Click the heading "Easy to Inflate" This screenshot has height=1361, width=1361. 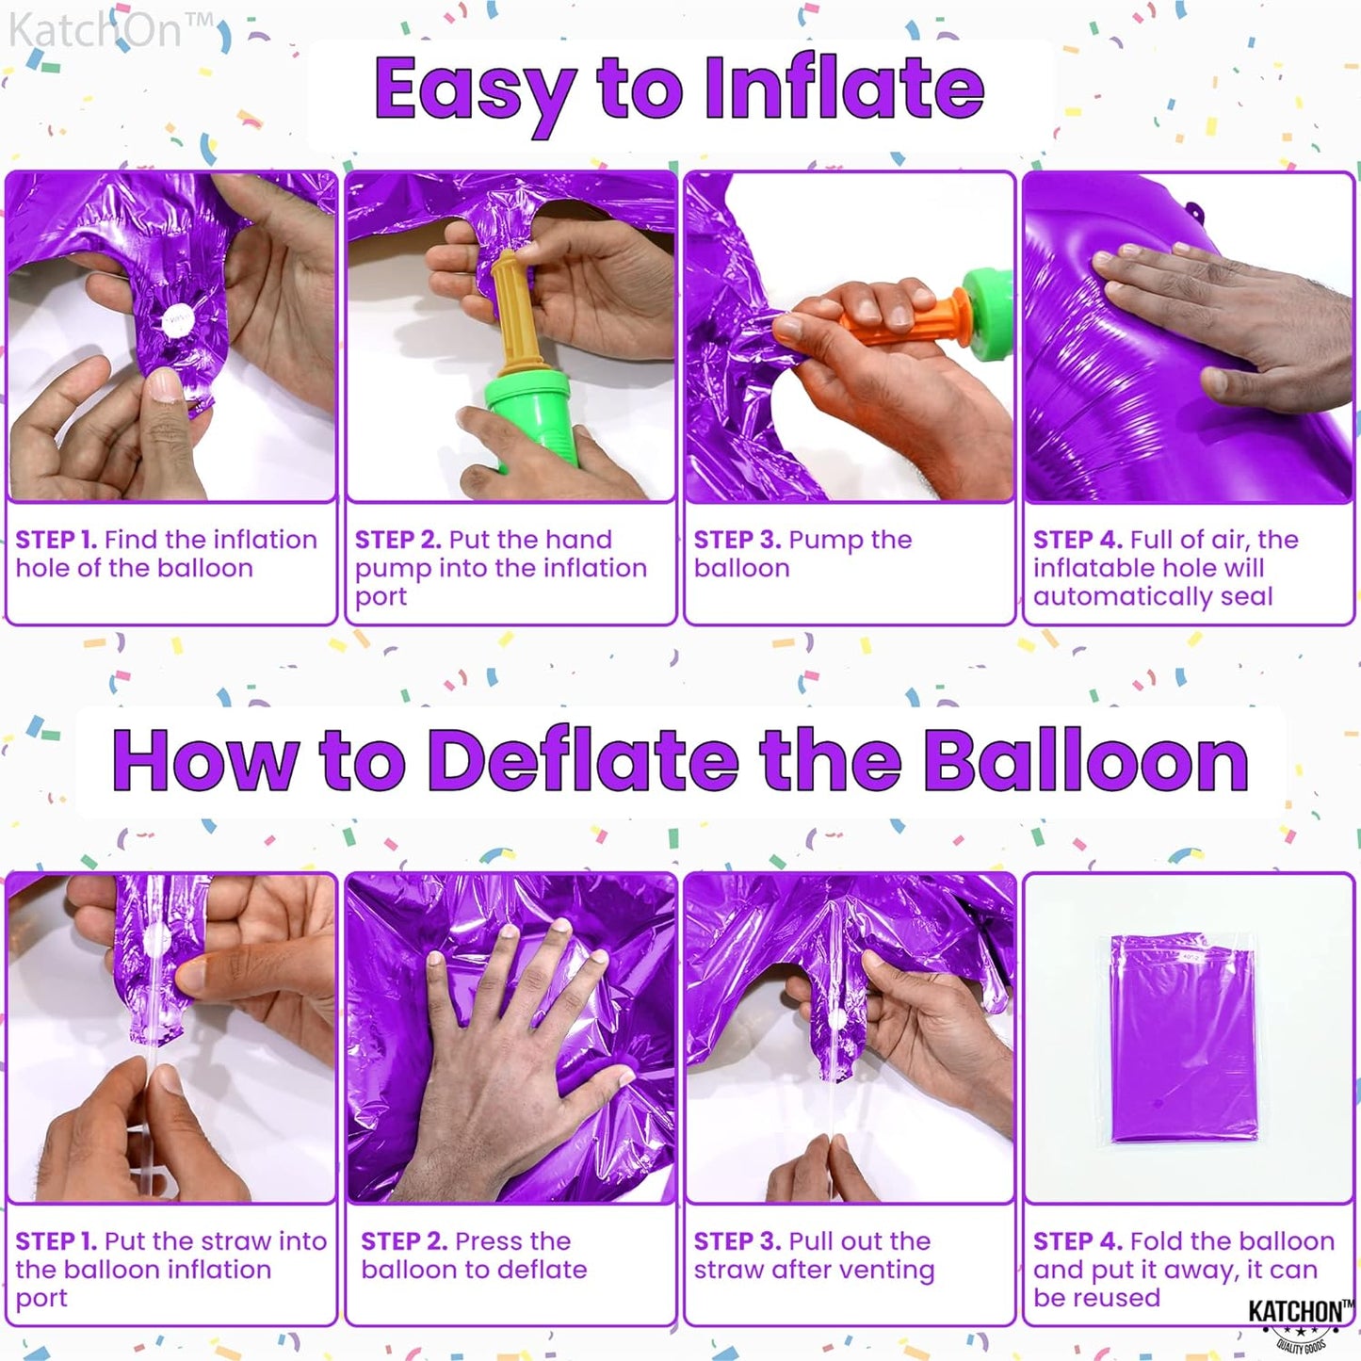click(679, 89)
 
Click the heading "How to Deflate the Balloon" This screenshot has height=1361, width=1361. click(680, 761)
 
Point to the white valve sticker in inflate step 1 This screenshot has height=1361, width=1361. click(176, 321)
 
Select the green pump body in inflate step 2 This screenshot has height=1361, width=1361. click(533, 419)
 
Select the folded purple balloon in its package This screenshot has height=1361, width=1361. click(1183, 1036)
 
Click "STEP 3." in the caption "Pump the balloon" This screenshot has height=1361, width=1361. click(737, 540)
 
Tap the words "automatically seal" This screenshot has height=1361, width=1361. click(1153, 597)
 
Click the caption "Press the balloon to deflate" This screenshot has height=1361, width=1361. click(474, 1256)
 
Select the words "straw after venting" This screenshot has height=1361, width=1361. click(814, 1271)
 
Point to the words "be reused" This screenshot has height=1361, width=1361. click(1096, 1298)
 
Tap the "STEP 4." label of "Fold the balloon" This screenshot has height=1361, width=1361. click(1077, 1241)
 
